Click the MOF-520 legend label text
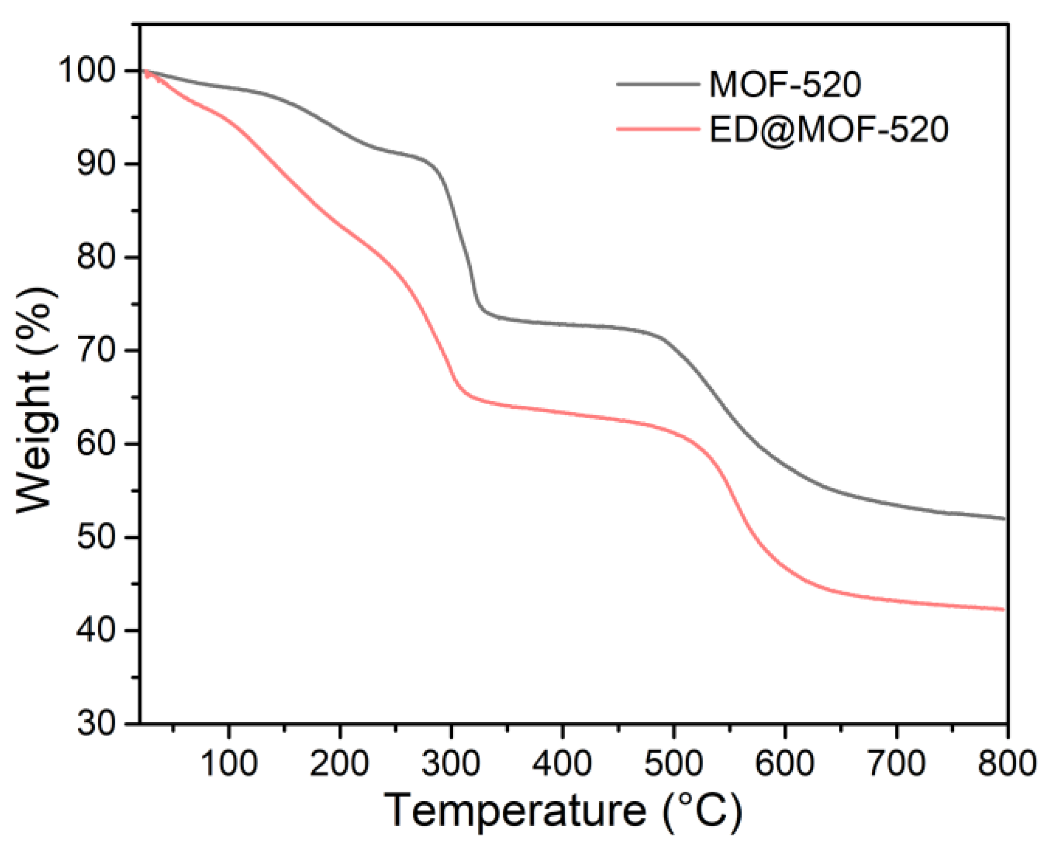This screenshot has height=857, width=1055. point(785,84)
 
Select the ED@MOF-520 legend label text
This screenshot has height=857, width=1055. point(828,129)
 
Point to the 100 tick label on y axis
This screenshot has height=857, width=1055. point(93,71)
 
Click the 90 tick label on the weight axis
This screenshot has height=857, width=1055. point(101,164)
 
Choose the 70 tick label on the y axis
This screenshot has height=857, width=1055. point(101,351)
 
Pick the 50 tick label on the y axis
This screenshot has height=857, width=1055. point(101,537)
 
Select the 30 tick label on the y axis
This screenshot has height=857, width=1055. point(101,724)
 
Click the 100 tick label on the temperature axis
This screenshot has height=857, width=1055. point(229,763)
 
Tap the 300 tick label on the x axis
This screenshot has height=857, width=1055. point(451,763)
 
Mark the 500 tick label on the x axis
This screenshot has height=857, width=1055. point(674,763)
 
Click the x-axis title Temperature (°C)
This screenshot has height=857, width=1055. point(564,812)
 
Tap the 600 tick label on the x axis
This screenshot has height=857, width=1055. point(785,763)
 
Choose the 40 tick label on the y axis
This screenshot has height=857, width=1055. point(101,630)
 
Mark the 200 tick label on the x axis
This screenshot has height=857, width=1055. point(340,763)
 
